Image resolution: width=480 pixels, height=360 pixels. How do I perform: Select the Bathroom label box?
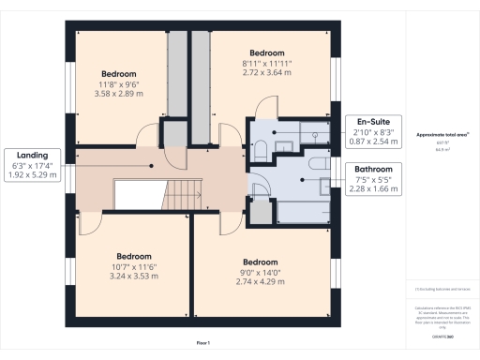tap(374, 178)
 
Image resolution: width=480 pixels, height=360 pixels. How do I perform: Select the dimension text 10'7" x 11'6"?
tap(134, 267)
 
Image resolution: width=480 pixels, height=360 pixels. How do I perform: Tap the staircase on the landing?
tap(179, 194)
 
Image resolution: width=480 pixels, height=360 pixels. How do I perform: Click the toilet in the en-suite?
tap(261, 150)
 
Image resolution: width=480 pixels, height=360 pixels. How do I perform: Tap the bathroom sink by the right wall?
tap(323, 185)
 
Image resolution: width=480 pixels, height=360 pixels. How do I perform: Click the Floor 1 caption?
tap(202, 344)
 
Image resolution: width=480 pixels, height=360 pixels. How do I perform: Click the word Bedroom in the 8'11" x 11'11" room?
tap(267, 53)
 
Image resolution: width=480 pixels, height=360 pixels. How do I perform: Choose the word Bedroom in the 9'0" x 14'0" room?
tap(261, 262)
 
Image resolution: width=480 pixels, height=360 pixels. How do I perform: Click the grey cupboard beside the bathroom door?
tap(260, 215)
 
